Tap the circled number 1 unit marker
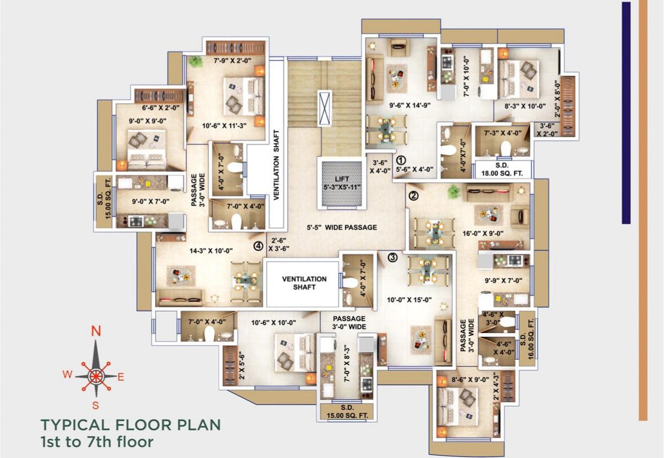point(401,160)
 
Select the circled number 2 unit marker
point(413,195)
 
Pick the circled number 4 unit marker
point(258,246)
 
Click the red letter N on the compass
point(96,331)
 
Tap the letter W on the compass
point(67,374)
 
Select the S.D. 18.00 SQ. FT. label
point(503,170)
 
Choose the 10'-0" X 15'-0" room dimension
point(410,299)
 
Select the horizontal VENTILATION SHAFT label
point(304,283)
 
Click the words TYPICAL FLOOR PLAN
point(130,425)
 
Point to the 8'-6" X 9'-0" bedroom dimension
point(462,380)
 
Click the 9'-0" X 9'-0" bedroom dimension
point(148,121)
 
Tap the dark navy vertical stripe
point(626,112)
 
